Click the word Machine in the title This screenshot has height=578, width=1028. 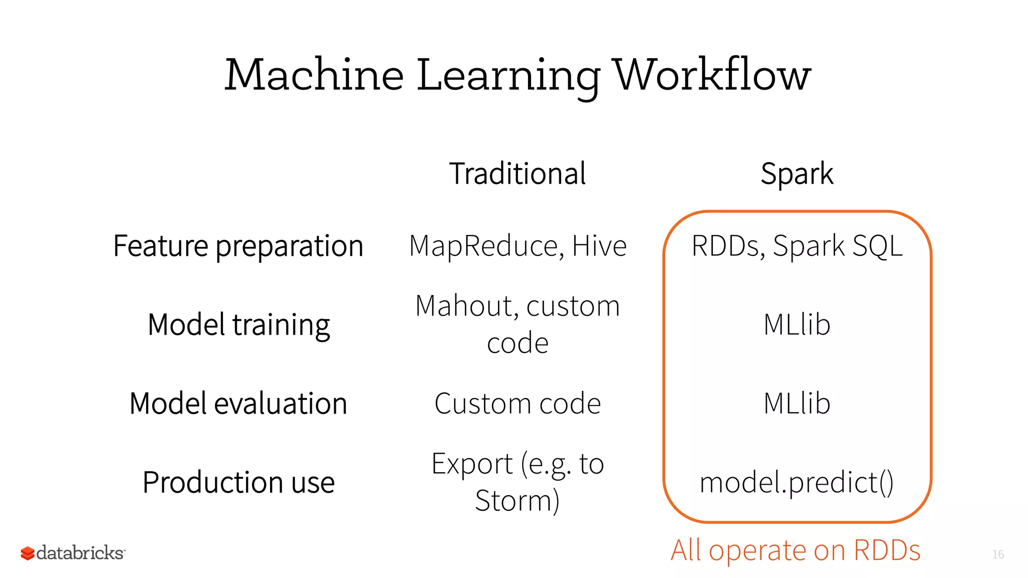coord(314,75)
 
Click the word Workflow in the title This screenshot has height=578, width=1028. coord(713,75)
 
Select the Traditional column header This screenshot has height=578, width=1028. coord(518,174)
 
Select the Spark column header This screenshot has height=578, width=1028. coord(797,174)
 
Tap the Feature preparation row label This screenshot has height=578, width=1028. coord(238,246)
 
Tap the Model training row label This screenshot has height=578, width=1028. coord(238,325)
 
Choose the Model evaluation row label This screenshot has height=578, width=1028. coord(238,403)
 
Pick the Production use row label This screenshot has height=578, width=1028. coord(238,482)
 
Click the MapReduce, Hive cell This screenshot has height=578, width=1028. coord(518,246)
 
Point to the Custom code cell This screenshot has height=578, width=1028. coord(518,403)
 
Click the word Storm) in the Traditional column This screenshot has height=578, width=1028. coord(518,501)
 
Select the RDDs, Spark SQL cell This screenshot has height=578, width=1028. coord(797,246)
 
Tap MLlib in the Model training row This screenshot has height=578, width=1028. coord(797,325)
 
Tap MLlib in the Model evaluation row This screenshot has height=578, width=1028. coord(797,403)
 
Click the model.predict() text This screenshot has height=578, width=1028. coord(797,483)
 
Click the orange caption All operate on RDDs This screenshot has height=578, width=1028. coord(796,550)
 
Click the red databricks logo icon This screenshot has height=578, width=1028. coord(27,553)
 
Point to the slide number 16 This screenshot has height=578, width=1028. coord(998,554)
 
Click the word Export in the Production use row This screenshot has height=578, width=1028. coord(472,464)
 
